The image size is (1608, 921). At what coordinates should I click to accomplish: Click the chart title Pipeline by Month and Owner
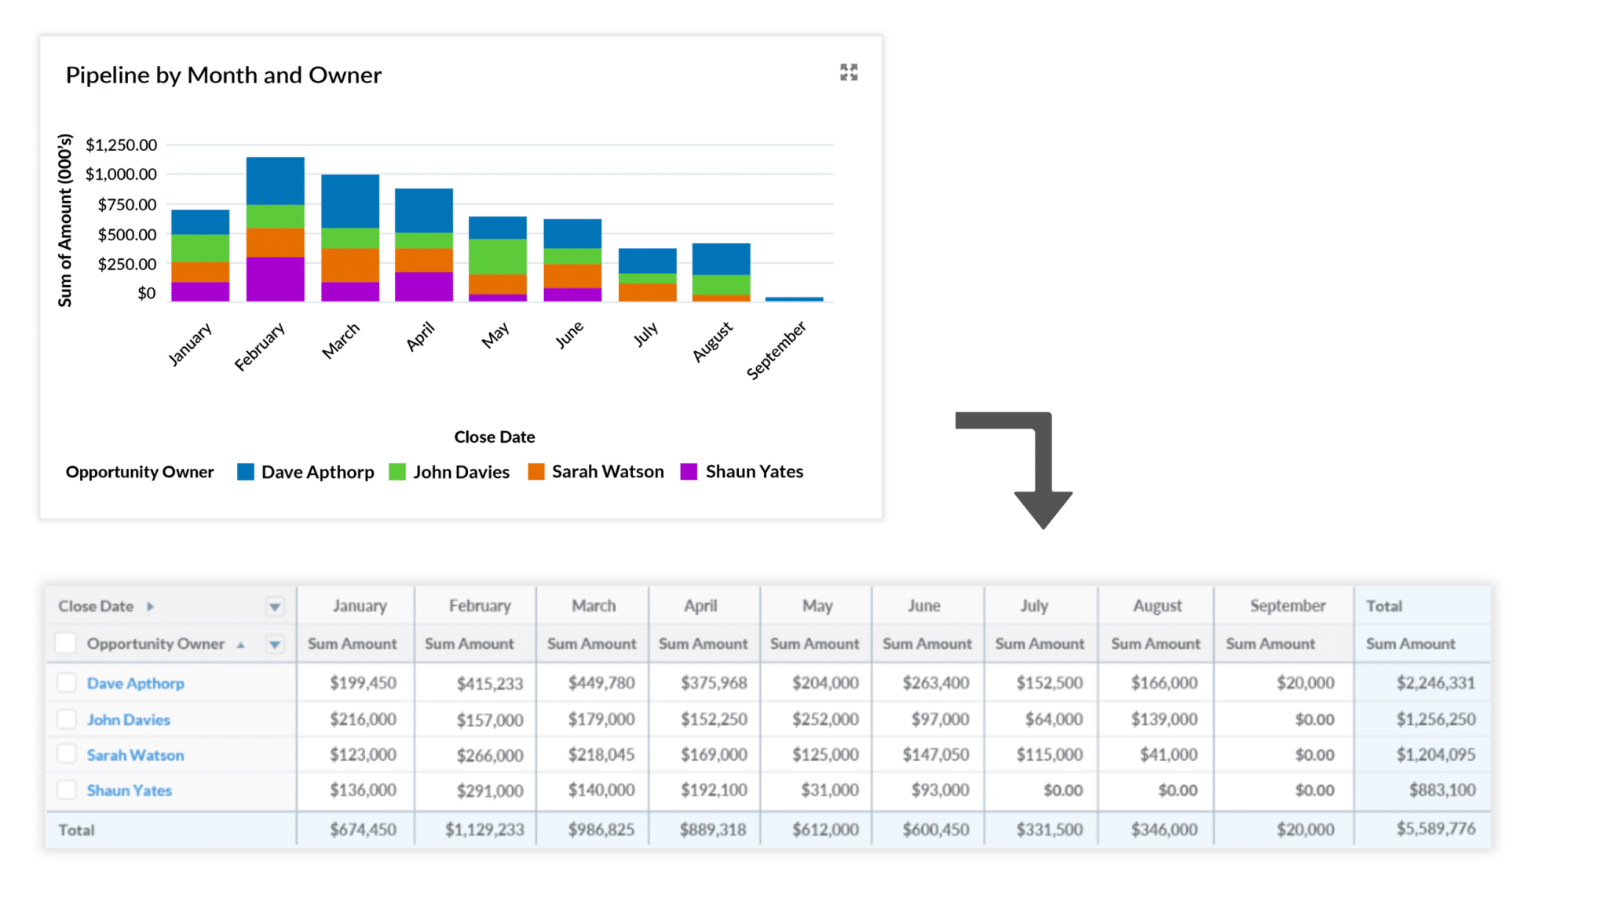tap(223, 75)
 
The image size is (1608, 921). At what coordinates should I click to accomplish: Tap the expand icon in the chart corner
tap(848, 72)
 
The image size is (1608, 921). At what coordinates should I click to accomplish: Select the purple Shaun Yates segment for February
tap(275, 279)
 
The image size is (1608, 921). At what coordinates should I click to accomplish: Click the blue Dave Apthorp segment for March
tap(350, 201)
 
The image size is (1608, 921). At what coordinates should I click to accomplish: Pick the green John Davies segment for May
tap(498, 257)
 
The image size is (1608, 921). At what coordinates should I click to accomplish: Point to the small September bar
tap(794, 299)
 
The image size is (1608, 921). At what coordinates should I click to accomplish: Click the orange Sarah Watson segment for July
tap(647, 292)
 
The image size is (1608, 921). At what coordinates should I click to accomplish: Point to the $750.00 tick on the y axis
tap(126, 204)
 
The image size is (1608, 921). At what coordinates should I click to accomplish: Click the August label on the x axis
tap(712, 342)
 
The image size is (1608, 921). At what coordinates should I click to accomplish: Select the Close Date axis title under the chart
tap(494, 437)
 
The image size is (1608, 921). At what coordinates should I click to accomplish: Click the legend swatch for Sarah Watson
tap(536, 472)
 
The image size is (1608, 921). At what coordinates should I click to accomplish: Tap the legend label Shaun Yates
tap(754, 472)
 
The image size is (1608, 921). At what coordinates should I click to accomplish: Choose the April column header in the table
tap(700, 605)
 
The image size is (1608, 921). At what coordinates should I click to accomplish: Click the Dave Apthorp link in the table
tap(135, 683)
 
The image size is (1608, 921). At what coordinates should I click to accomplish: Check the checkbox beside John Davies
tap(67, 719)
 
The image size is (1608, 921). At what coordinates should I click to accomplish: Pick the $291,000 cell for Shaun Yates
tap(489, 791)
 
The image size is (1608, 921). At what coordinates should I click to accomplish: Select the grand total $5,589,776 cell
tap(1435, 829)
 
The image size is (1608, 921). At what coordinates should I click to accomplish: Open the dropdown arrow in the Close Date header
tap(274, 606)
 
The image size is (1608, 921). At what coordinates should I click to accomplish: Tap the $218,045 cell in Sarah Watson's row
tap(601, 755)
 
